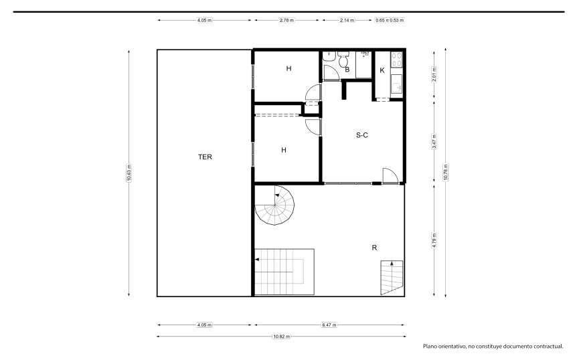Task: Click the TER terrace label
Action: click(x=205, y=157)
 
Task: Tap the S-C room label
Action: click(x=361, y=135)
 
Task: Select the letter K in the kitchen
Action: click(x=382, y=70)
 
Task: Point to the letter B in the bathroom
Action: click(x=347, y=70)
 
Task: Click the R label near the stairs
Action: click(x=374, y=248)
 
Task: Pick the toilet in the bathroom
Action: click(x=343, y=59)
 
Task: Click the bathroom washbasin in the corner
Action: click(x=329, y=56)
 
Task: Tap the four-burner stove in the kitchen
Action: click(x=396, y=59)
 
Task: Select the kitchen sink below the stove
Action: click(x=396, y=84)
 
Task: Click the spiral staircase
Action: click(x=275, y=205)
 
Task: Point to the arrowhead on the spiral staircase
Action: click(x=277, y=195)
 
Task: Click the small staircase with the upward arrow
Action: click(x=392, y=278)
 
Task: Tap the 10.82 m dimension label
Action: click(x=282, y=337)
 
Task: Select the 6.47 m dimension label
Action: click(x=329, y=325)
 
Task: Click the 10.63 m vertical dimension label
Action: click(x=129, y=173)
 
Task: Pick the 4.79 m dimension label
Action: click(x=434, y=240)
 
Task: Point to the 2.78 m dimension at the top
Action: click(x=286, y=20)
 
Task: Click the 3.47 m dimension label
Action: click(x=434, y=142)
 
